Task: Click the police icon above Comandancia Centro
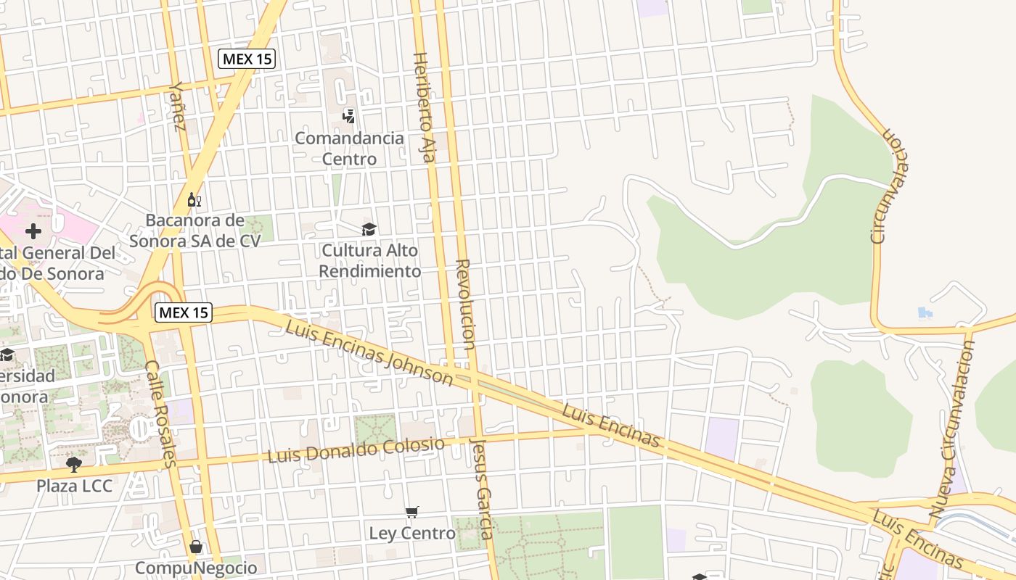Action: (349, 116)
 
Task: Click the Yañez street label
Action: (177, 106)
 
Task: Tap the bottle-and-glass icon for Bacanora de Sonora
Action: (194, 199)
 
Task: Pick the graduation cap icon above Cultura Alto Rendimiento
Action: (369, 230)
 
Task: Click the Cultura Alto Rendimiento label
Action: (370, 261)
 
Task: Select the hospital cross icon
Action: (33, 232)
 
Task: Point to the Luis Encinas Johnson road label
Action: (369, 352)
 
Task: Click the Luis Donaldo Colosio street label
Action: (356, 449)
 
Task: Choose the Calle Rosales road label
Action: (160, 413)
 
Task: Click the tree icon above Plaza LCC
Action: (73, 464)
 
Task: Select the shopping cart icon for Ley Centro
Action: (411, 513)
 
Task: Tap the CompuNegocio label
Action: (196, 568)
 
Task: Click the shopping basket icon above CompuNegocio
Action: (195, 547)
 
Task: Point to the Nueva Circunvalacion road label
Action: (952, 428)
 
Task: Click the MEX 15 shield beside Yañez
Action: (247, 59)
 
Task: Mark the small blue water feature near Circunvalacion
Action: (923, 313)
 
